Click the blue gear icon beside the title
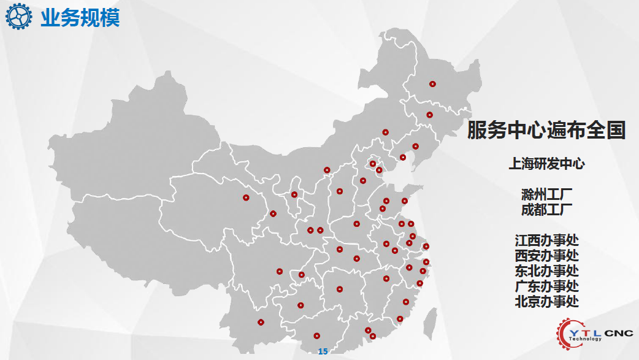[19, 17]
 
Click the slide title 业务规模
[80, 18]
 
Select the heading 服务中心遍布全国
[546, 130]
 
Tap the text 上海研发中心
[546, 164]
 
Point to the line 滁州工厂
[546, 195]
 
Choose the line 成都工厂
[546, 210]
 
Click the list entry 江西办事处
[546, 240]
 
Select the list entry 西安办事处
[546, 256]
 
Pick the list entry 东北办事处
[546, 271]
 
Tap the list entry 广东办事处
[546, 286]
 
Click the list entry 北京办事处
[546, 301]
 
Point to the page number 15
[323, 351]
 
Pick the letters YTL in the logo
[585, 330]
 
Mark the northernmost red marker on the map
[432, 84]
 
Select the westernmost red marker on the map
[246, 197]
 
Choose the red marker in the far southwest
[261, 322]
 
